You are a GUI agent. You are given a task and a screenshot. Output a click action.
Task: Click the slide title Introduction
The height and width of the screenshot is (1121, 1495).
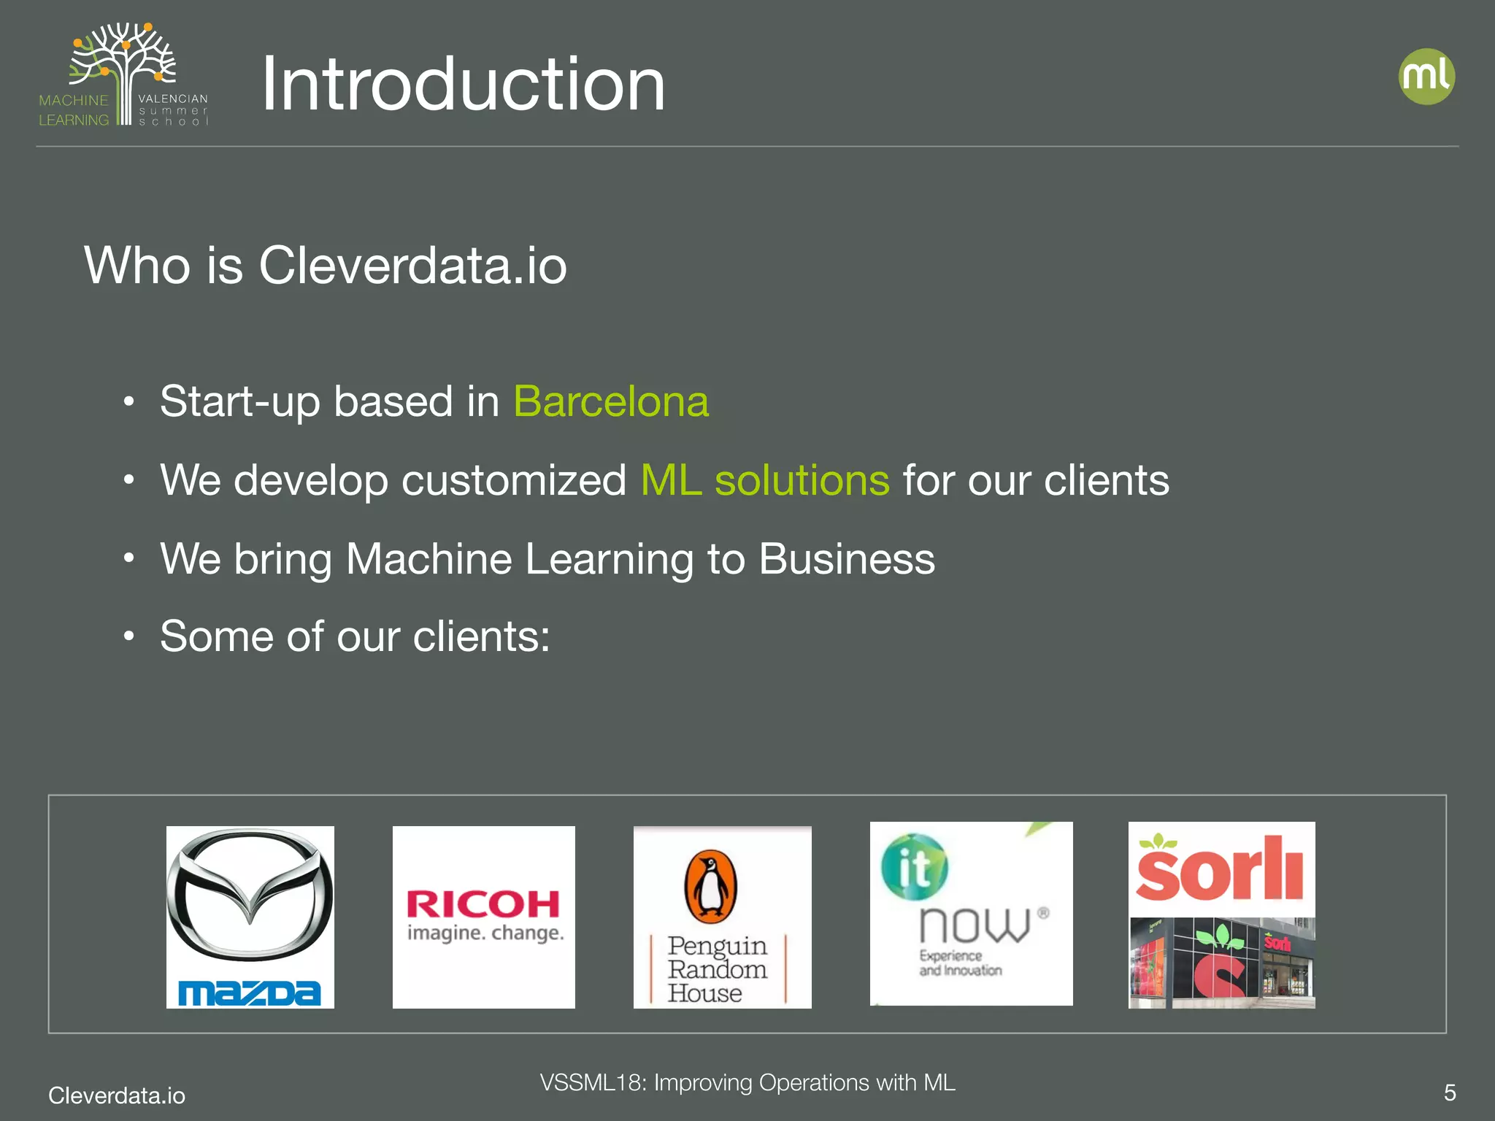pos(463,85)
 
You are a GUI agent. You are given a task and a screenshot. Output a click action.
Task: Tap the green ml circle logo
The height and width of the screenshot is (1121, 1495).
pos(1426,77)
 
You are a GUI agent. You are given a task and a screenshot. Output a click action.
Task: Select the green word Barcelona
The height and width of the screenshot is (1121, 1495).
pos(611,401)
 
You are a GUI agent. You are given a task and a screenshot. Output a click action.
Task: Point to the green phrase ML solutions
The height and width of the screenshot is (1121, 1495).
pos(765,480)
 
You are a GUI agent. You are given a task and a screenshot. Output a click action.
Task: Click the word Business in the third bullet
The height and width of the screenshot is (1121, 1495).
pos(847,559)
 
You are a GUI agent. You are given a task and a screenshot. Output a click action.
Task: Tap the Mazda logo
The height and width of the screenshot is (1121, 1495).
pos(250,917)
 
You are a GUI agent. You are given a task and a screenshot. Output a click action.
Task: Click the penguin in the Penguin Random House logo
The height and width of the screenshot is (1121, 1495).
pos(710,886)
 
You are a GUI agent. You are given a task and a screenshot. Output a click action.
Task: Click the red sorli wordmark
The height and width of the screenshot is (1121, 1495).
pos(1221,870)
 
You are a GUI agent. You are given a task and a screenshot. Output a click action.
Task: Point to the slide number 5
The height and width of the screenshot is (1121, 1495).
pos(1450,1093)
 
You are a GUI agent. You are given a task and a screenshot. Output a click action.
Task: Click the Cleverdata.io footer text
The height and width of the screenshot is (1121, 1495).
pos(117,1095)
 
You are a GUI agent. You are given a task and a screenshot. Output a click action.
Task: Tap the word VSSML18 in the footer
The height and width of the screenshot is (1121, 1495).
pos(592,1082)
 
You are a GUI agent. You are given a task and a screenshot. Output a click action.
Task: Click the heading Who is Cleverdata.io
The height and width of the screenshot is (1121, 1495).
pos(326,265)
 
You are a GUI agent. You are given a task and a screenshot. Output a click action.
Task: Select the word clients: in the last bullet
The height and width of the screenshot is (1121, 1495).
pos(482,636)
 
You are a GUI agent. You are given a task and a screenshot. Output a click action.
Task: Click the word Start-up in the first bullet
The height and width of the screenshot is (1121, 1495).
pos(241,401)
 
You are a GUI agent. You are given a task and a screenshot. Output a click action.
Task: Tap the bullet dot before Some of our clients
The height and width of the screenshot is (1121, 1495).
pos(129,636)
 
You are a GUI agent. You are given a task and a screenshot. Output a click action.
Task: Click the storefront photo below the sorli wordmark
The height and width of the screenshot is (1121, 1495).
pos(1221,963)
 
